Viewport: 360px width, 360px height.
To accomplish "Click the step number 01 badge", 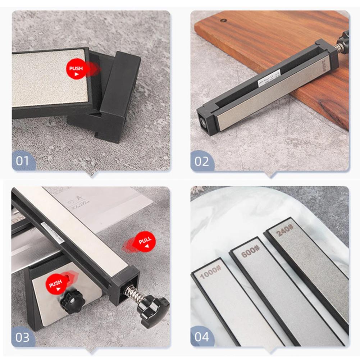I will coord(22,160).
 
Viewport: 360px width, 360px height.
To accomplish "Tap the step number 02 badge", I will coord(202,161).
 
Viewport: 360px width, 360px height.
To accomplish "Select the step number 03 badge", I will coord(22,338).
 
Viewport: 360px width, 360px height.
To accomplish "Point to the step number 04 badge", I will coord(202,337).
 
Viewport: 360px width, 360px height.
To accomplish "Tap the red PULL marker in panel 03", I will coord(144,242).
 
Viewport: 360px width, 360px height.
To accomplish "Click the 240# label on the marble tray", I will coord(285,230).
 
